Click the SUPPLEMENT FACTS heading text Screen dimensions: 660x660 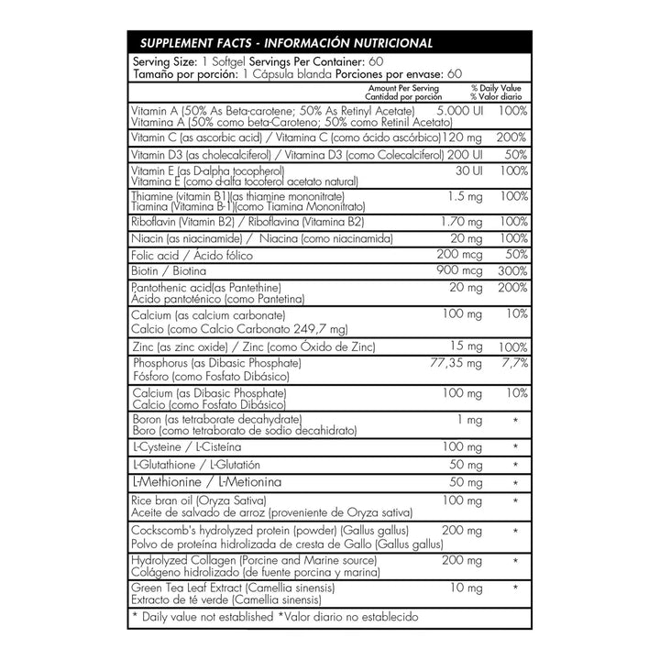[192, 44]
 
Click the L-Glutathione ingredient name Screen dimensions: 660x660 [162, 464]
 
